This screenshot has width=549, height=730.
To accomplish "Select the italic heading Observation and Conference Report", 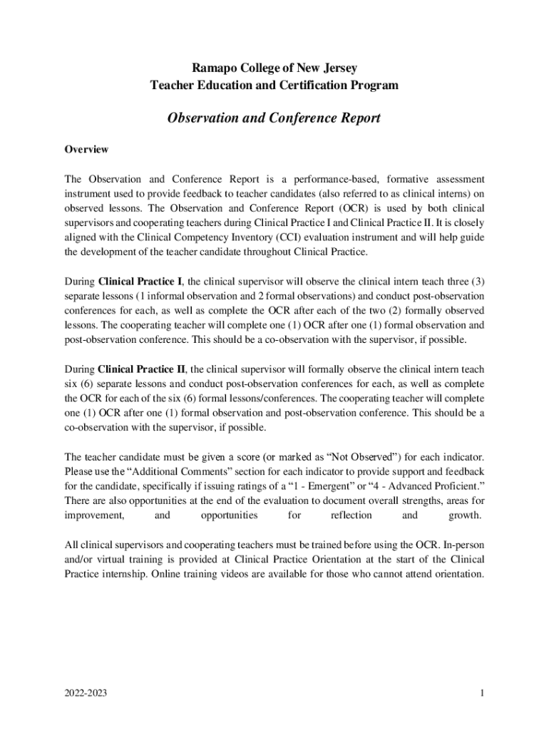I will point(274,118).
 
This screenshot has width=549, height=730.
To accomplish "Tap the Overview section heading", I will point(86,150).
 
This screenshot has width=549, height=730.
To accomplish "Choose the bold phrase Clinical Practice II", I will point(142,369).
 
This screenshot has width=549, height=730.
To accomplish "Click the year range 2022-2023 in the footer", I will point(86,692).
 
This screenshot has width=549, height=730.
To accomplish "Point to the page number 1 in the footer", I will point(482,692).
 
